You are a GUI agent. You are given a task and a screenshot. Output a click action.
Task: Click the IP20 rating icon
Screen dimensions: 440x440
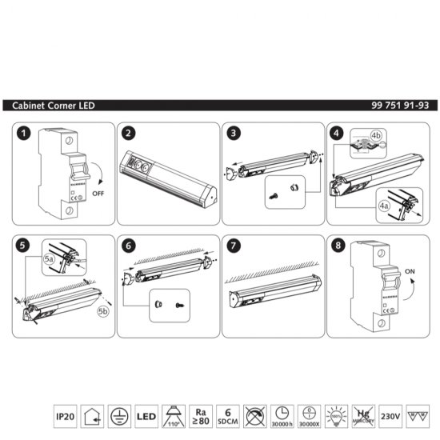[x=65, y=416]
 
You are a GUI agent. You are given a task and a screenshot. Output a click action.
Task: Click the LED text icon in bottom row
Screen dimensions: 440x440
[x=146, y=416]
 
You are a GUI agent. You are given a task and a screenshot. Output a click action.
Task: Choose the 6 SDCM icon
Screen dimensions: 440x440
[x=228, y=416]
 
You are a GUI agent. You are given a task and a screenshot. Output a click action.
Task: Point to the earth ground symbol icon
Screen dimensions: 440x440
[x=119, y=416]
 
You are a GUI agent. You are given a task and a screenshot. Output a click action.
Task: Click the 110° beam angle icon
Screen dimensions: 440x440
[x=174, y=416]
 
